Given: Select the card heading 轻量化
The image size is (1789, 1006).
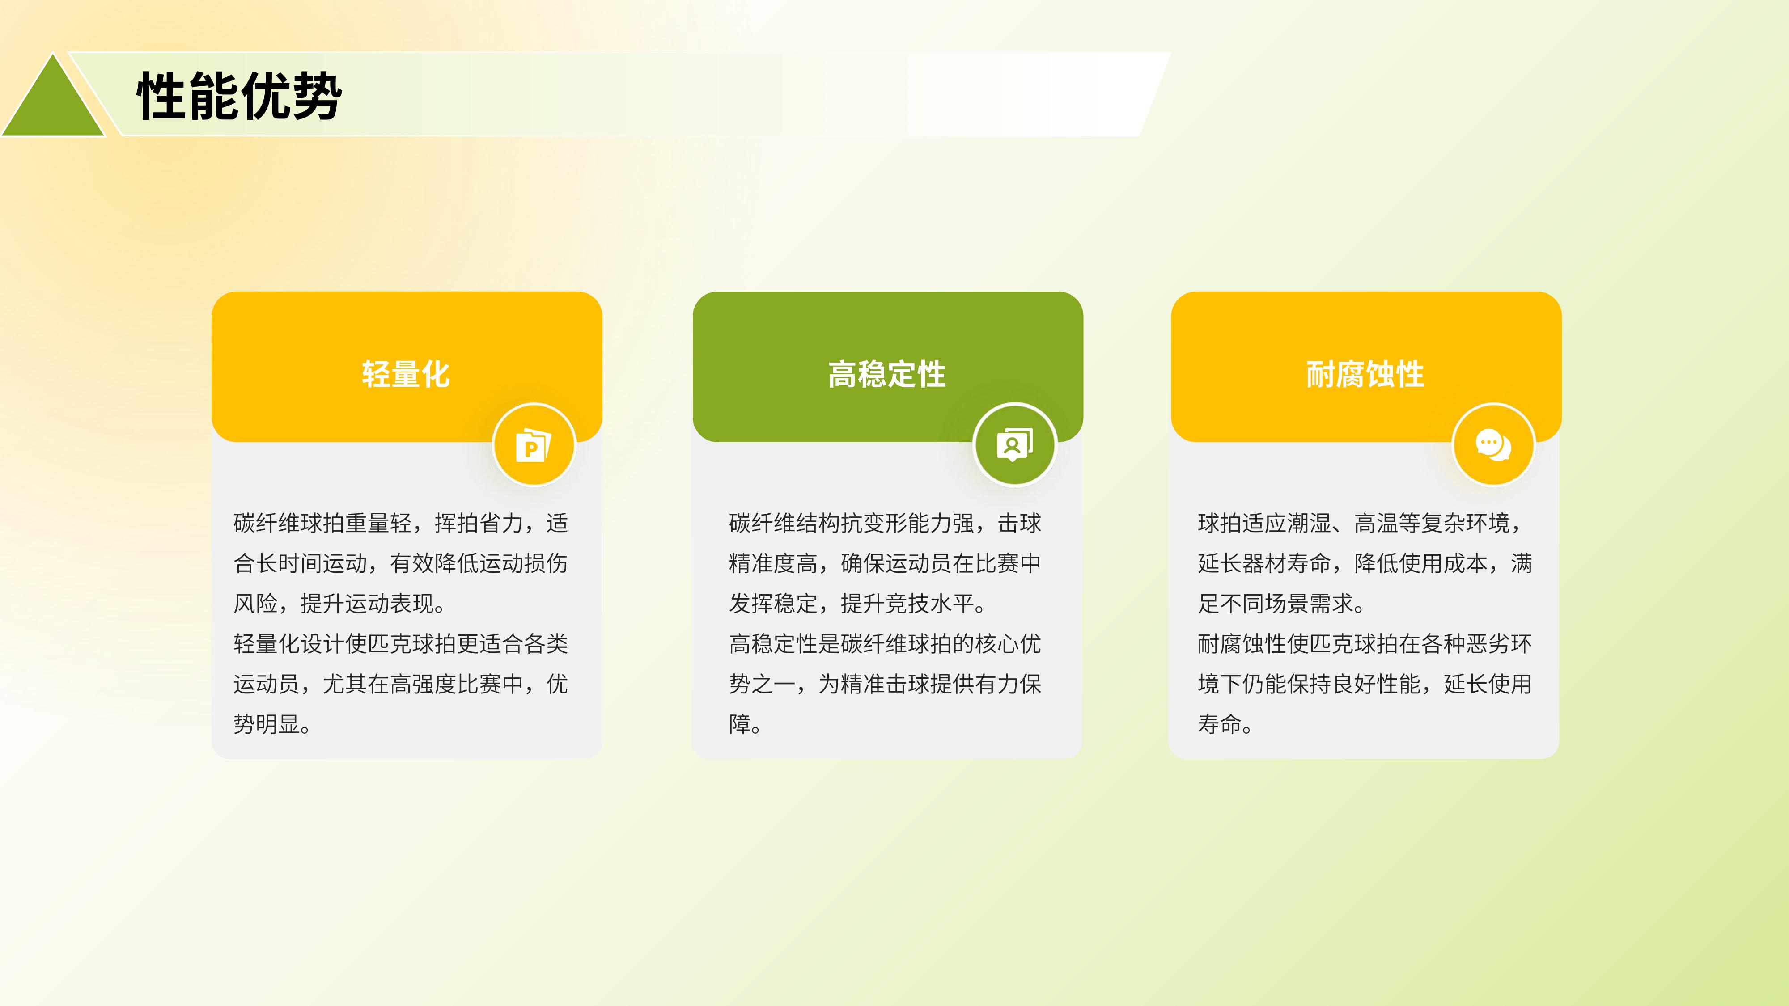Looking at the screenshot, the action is (x=406, y=374).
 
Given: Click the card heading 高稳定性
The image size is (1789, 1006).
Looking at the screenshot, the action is (x=887, y=374).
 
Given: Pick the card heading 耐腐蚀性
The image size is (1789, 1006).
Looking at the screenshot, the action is (x=1365, y=374).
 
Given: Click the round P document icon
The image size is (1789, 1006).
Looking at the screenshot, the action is (x=534, y=445).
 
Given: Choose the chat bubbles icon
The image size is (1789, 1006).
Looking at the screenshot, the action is (x=1493, y=445).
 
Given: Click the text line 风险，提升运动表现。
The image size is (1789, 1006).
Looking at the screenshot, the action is (x=339, y=603).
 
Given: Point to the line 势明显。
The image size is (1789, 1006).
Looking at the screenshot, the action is (x=272, y=724).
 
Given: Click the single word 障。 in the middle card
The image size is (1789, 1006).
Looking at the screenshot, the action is (x=745, y=724).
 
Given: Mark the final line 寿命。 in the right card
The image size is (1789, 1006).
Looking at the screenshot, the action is (x=1225, y=724).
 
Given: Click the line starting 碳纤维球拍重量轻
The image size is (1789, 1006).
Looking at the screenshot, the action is (x=401, y=523).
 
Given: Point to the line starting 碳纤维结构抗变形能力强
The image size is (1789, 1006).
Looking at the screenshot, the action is (x=885, y=523).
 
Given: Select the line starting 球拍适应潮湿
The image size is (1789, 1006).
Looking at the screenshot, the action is (x=1360, y=523).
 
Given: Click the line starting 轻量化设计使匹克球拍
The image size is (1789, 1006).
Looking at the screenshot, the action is (x=401, y=643).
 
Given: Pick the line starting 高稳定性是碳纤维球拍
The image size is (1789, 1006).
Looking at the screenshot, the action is (x=885, y=643).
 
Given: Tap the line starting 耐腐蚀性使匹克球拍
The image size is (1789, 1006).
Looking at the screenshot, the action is (x=1365, y=643).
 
